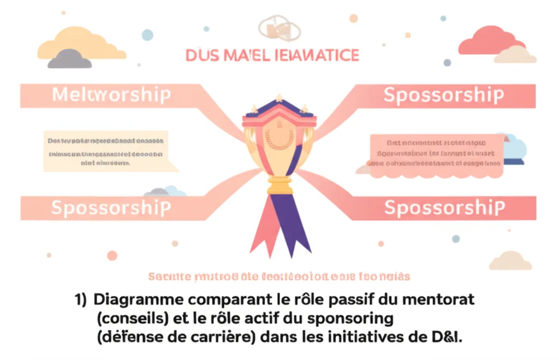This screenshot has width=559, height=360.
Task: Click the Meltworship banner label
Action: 111,95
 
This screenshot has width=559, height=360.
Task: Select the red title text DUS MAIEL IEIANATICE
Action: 272,55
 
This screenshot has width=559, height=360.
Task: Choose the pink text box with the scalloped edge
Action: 435,155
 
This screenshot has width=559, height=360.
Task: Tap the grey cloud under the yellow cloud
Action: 69,59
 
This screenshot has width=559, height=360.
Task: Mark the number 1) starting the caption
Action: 81,300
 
